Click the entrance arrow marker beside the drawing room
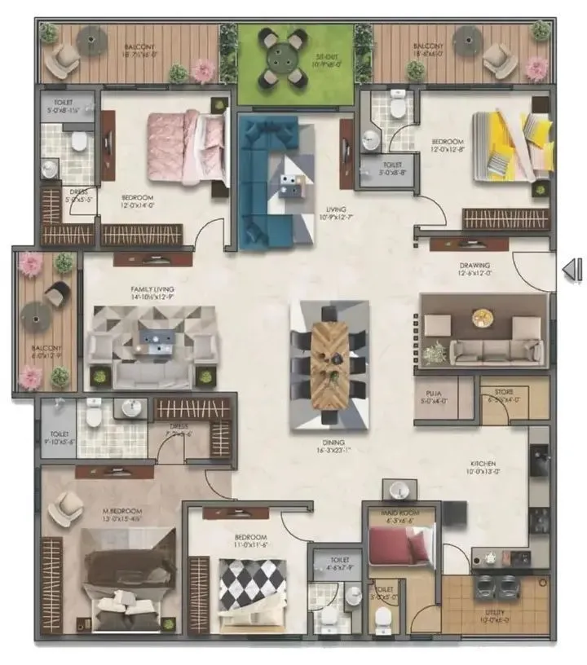coord(573,270)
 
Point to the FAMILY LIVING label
coord(153,289)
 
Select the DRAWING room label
coord(474,266)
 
